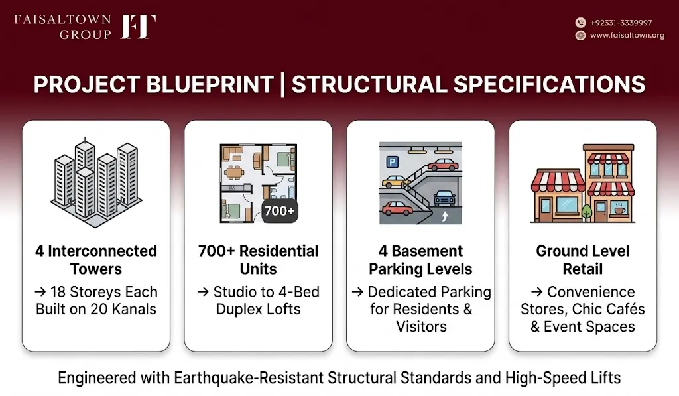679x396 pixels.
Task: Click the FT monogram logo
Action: (x=138, y=27)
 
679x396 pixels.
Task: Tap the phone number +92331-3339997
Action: (x=621, y=23)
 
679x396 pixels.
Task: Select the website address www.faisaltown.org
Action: (x=627, y=36)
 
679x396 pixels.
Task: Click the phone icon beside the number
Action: (x=580, y=23)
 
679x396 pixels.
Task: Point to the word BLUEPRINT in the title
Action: (x=210, y=84)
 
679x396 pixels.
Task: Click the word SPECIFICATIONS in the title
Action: (x=550, y=84)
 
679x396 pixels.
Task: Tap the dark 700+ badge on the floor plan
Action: (x=280, y=211)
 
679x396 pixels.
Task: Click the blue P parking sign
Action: (x=392, y=162)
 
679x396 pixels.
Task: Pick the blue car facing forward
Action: (x=445, y=198)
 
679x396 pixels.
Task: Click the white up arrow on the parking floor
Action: (x=445, y=216)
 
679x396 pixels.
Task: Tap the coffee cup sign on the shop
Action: (x=620, y=209)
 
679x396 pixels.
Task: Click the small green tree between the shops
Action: (x=587, y=212)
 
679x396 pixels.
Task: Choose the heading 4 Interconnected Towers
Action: (x=96, y=259)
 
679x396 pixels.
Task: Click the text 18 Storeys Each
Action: (x=104, y=292)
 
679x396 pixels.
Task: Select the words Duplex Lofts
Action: (x=258, y=309)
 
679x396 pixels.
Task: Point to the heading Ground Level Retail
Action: (x=583, y=259)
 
